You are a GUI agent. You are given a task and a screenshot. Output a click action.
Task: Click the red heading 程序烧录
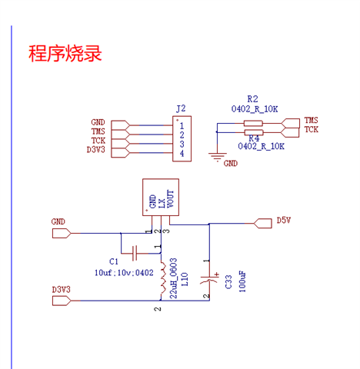pos(65,53)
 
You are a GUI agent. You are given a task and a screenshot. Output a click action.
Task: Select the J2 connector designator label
pos(181,108)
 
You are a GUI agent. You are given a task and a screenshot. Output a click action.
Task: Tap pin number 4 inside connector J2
pos(182,153)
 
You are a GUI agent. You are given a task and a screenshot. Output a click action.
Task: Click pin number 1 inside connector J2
pos(182,126)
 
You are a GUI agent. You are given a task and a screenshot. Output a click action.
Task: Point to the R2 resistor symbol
pos(253,124)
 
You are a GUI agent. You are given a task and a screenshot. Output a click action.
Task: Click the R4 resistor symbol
pos(254,132)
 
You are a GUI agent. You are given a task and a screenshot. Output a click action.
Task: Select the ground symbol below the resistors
pos(218,157)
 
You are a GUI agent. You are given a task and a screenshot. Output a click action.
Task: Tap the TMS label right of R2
pos(312,120)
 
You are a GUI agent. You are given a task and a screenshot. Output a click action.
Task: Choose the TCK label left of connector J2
pos(98,141)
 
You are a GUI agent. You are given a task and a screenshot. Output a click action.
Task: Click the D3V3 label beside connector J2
pos(96,150)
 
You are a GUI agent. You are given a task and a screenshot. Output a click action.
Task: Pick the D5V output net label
pos(284,220)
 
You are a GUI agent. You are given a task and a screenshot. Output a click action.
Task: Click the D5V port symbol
pos(263,224)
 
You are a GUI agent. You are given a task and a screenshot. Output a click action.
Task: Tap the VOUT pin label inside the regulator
pos(170,199)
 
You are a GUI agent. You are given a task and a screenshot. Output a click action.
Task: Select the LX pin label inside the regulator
pos(162,203)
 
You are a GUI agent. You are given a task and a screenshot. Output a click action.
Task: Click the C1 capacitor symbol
pos(135,254)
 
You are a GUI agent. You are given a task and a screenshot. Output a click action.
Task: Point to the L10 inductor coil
pos(163,278)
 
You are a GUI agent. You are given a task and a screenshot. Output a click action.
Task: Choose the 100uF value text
pos(242,281)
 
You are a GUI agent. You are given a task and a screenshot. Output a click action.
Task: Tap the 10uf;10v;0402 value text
pos(124,273)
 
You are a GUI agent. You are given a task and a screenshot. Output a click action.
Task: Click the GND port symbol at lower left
pos(62,234)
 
